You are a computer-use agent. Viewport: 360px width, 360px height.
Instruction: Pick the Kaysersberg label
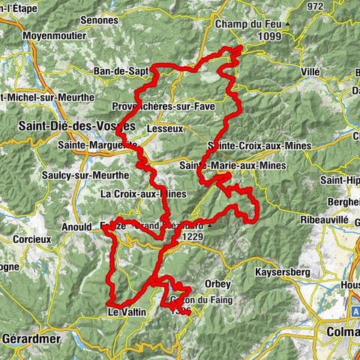pos(283,273)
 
